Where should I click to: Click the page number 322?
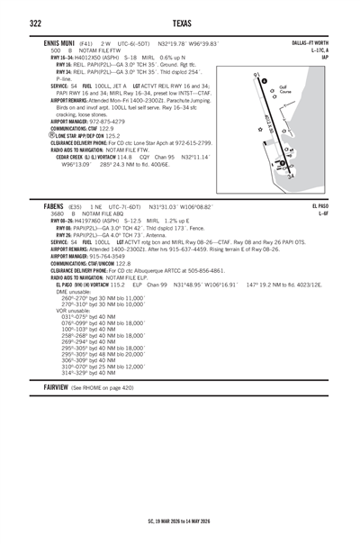[37, 23]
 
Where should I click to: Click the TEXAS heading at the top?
[180, 23]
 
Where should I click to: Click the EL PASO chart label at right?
[328, 206]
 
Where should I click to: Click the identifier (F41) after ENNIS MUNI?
[85, 42]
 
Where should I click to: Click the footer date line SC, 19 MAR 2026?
[180, 520]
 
